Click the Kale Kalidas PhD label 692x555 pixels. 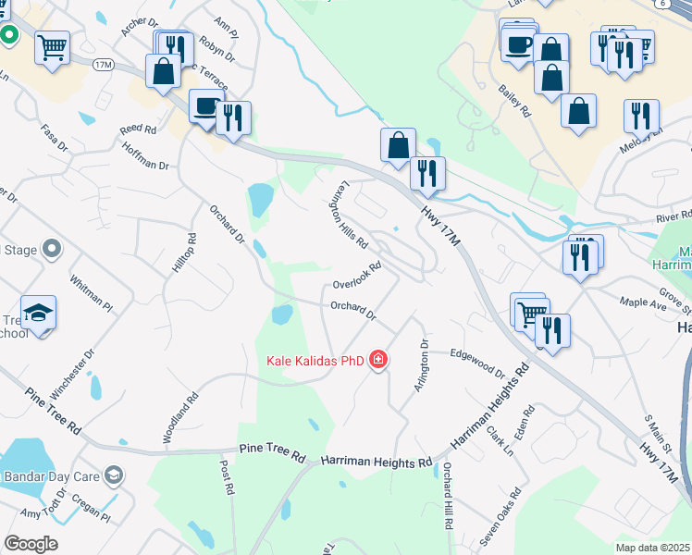[x=315, y=360]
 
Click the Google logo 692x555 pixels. [x=31, y=543]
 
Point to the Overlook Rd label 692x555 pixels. [x=357, y=277]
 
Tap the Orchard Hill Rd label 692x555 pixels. [x=447, y=495]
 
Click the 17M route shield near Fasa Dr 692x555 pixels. [x=102, y=64]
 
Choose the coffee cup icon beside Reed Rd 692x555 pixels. [x=205, y=105]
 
